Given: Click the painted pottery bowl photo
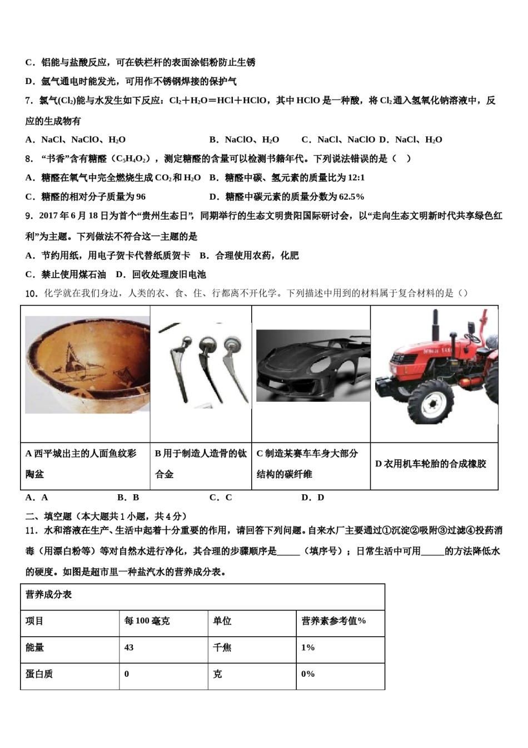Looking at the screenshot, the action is (x=87, y=365).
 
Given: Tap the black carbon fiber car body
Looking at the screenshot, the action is (x=312, y=364).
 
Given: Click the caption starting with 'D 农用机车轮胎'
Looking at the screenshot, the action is (x=431, y=464).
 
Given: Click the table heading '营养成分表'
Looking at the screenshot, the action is (x=49, y=594).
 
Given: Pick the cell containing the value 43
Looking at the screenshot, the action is (x=129, y=647).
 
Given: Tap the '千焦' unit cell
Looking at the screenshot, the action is (x=222, y=647).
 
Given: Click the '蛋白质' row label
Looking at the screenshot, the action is (x=39, y=674).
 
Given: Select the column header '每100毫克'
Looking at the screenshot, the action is (x=147, y=621).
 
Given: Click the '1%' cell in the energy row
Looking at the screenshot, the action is (x=308, y=647).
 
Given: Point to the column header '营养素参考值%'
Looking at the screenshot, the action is (x=333, y=621).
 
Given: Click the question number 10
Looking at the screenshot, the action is (x=31, y=293).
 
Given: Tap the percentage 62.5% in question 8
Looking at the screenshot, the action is (x=351, y=196).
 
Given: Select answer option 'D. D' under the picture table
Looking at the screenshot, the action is (x=312, y=497).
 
